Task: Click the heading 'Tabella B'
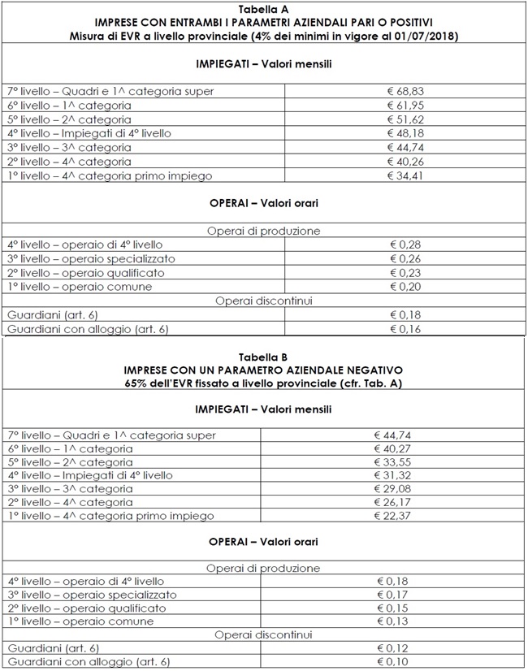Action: click(264, 357)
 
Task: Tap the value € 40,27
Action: click(394, 448)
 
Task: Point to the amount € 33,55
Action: click(394, 462)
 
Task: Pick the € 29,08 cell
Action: click(394, 489)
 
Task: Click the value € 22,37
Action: click(394, 516)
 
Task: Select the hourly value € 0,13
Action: click(394, 621)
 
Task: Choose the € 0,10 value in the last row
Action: click(394, 662)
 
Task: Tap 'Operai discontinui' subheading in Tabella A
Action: click(264, 301)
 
